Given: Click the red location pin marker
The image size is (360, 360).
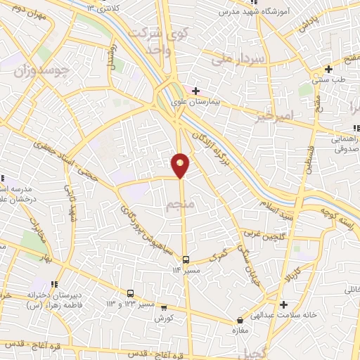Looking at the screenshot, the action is click(x=181, y=164).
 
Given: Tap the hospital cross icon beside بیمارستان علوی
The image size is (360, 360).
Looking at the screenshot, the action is click(x=195, y=91).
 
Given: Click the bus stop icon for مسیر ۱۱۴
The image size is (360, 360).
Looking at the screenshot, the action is click(x=186, y=259).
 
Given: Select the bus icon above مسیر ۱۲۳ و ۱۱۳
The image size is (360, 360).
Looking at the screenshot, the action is click(x=130, y=293).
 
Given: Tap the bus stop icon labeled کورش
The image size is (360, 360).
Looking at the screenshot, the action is click(x=164, y=307).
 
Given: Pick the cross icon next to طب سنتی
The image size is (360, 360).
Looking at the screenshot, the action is click(x=328, y=69).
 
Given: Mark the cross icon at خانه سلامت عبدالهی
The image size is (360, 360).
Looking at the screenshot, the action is click(x=283, y=304).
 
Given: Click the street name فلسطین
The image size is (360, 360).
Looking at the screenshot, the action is click(x=307, y=155).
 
